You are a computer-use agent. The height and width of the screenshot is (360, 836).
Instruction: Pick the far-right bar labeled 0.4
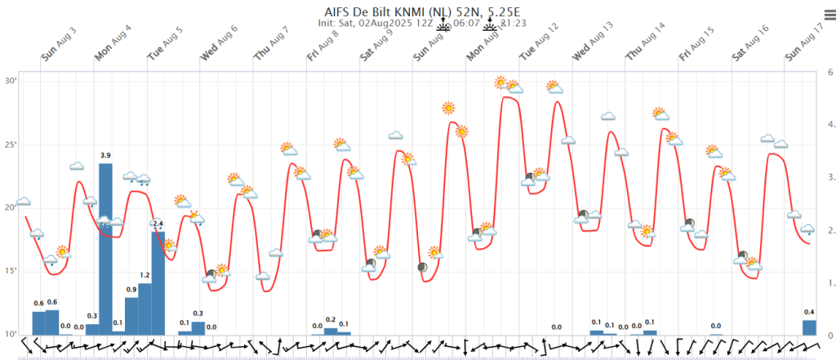809,327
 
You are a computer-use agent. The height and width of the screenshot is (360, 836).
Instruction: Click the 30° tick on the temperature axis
11,81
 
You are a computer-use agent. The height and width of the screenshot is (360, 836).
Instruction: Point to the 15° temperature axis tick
11,271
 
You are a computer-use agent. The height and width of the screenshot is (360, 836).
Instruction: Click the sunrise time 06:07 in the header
466,24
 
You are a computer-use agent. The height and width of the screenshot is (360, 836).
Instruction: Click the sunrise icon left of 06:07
443,24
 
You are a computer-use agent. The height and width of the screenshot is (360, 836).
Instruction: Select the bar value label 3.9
105,155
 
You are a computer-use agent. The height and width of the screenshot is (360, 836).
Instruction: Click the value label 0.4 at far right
809,313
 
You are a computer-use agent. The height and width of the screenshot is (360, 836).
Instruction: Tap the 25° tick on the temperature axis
11,144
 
